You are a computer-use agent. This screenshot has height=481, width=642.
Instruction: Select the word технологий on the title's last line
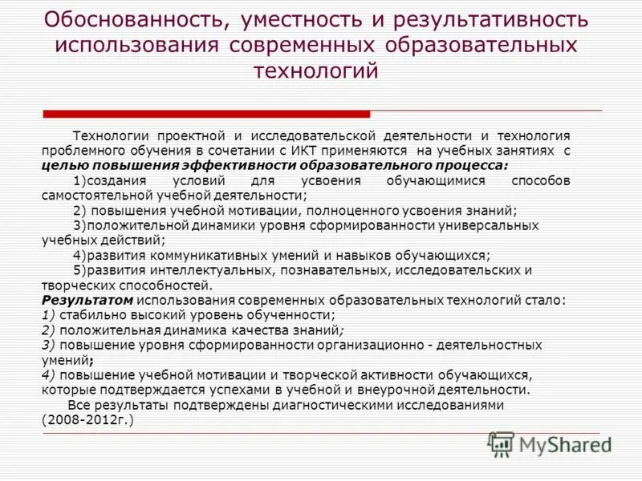coord(315,71)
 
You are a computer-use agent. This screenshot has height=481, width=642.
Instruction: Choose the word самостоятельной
coord(96,195)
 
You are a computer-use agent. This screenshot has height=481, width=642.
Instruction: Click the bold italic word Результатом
coord(75,300)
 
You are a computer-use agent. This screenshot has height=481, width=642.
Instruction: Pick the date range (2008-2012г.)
coord(87,419)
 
